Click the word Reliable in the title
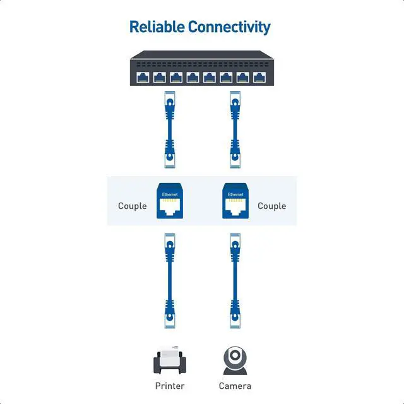157,27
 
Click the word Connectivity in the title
229,27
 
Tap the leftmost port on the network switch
142,78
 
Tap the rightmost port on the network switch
259,78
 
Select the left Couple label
133,206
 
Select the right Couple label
272,206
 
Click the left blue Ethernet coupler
170,201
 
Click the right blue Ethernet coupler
235,201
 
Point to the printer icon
170,360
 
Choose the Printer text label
170,386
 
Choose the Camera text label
235,386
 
